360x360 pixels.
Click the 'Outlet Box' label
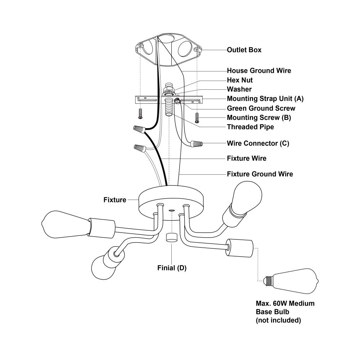pyautogui.click(x=244, y=50)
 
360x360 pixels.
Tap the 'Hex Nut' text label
pyautogui.click(x=240, y=80)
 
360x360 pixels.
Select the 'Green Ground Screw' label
pyautogui.click(x=261, y=108)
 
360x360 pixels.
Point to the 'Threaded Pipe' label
pyautogui.click(x=250, y=127)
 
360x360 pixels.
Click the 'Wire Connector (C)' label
pyautogui.click(x=258, y=143)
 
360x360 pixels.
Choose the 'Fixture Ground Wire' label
pyautogui.click(x=260, y=174)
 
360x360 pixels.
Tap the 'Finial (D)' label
pyautogui.click(x=172, y=268)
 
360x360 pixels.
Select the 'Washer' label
pyautogui.click(x=239, y=89)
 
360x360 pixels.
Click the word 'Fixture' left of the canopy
pyautogui.click(x=115, y=199)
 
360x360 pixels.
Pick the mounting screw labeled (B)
pyautogui.click(x=197, y=117)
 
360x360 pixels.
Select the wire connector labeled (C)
pyautogui.click(x=196, y=144)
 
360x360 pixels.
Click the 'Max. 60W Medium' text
pyautogui.click(x=285, y=303)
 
